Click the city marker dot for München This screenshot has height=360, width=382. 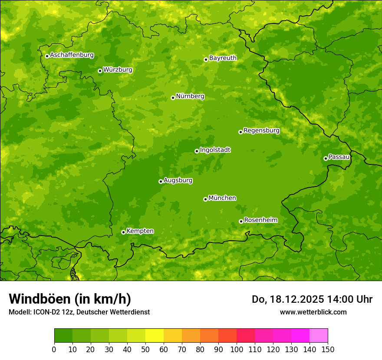point(205,199)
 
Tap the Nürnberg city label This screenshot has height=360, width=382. point(190,96)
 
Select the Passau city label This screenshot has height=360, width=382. point(339,157)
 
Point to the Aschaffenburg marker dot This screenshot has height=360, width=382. point(47,56)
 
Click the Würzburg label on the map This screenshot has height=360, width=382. point(118,70)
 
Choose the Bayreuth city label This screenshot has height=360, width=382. point(223,58)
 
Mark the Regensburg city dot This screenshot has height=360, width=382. point(240,132)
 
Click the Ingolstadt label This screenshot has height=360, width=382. point(215,150)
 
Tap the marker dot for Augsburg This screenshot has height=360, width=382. point(161,181)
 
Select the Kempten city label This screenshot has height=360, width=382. point(140,231)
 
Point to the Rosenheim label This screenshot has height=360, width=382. point(260,220)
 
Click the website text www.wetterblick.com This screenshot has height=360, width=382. point(313,312)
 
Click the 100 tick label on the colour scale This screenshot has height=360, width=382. point(237,349)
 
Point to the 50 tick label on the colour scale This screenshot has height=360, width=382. point(145,349)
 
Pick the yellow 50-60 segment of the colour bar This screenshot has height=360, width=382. point(155,336)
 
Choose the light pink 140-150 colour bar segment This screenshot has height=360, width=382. point(319,336)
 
